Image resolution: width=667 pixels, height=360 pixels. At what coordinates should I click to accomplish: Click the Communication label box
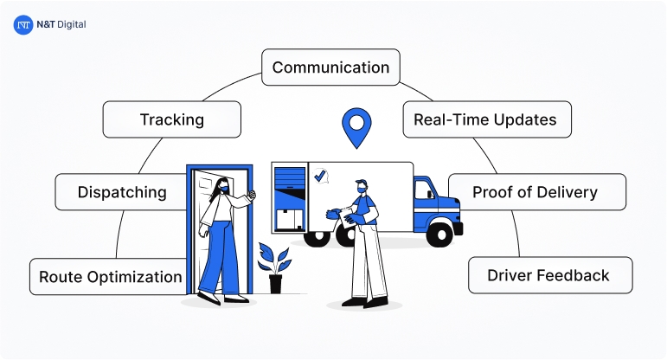(x=330, y=67)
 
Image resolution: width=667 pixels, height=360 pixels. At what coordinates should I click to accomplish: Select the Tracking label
(x=171, y=119)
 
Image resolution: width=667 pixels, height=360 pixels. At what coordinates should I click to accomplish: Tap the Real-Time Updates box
(x=486, y=119)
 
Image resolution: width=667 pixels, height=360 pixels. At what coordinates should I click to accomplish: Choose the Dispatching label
(x=122, y=191)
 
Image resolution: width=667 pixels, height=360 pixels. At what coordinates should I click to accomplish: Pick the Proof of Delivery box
(x=536, y=191)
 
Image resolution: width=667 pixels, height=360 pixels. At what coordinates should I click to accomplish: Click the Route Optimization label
(x=110, y=277)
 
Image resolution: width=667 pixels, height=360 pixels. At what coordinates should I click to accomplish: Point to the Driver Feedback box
(x=549, y=275)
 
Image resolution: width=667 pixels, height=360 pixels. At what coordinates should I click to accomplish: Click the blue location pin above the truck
(x=354, y=126)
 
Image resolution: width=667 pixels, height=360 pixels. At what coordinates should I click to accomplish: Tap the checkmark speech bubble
(x=321, y=176)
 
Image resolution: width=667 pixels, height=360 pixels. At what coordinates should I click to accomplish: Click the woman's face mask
(x=224, y=187)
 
